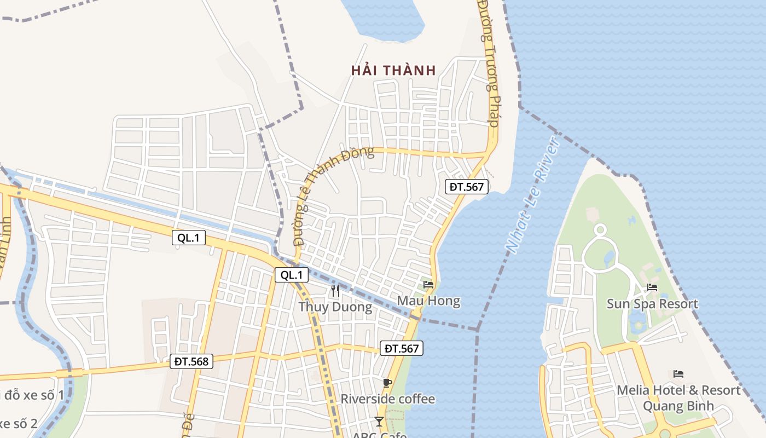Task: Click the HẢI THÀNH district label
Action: (x=393, y=70)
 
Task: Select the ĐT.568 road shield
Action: (x=191, y=361)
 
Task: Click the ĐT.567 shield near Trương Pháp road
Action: (x=467, y=187)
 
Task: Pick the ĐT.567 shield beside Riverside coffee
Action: (x=402, y=348)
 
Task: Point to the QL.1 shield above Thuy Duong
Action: (x=292, y=275)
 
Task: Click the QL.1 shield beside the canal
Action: (x=189, y=238)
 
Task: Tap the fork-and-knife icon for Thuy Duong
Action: (x=335, y=291)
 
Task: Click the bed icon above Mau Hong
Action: (x=428, y=285)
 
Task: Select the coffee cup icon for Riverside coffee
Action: (x=387, y=383)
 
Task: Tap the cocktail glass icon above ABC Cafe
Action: (x=379, y=421)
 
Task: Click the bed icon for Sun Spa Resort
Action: (x=652, y=287)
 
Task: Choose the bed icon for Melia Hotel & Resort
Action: (x=678, y=374)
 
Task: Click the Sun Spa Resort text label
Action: (x=652, y=304)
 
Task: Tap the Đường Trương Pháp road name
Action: (x=489, y=63)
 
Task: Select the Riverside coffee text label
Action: (x=387, y=399)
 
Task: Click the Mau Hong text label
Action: (x=428, y=301)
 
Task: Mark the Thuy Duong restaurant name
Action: (x=335, y=307)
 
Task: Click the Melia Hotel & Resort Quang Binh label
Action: (x=678, y=398)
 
